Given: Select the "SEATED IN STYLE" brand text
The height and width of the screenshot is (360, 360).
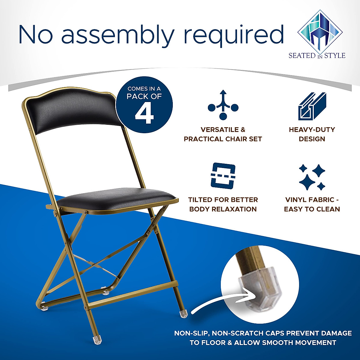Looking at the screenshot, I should pos(317,56).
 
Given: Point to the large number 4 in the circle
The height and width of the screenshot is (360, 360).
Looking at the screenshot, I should pos(144,114).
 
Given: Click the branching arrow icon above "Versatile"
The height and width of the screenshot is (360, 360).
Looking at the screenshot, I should pos(223,105).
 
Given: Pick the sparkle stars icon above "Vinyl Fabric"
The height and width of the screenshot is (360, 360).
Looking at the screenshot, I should pos(312,177).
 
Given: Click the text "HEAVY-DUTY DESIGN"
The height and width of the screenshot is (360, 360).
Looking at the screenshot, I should pos(312,134).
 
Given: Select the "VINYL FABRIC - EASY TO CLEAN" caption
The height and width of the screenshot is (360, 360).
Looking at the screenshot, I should pos(312,204).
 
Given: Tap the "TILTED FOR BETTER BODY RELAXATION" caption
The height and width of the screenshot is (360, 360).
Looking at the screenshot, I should pos(223,204).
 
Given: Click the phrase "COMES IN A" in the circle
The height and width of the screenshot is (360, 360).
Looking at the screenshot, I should pos(144,89).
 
